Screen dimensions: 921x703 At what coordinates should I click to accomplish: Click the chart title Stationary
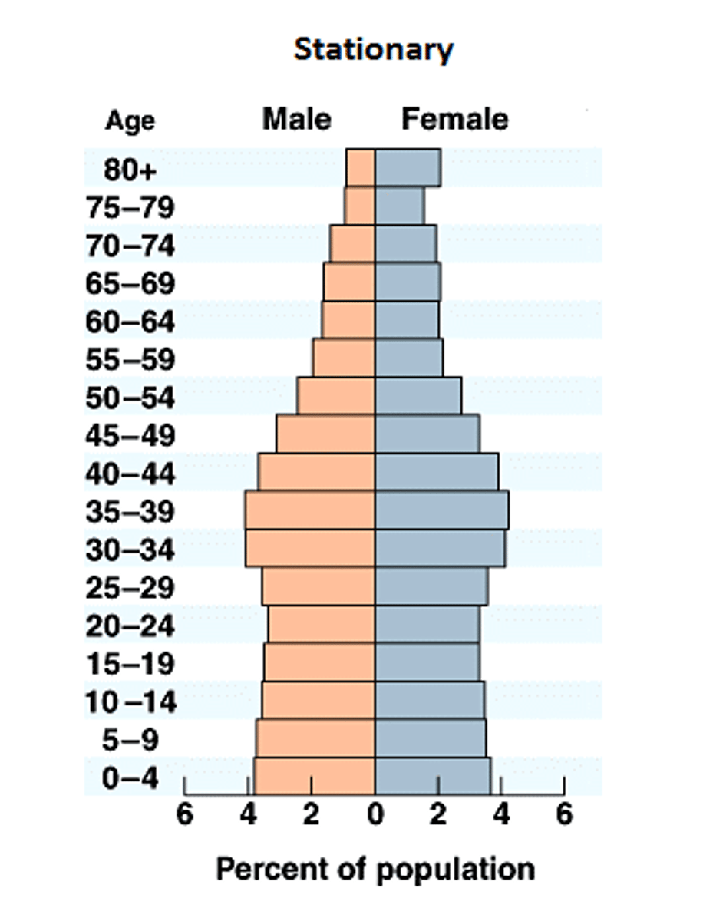coord(374,50)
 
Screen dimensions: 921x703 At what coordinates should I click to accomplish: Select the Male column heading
coord(297,120)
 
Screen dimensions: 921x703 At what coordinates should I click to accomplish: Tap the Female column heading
coord(454,120)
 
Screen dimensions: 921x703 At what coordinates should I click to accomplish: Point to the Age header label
coord(129,121)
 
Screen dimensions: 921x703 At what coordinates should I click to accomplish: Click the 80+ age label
coord(130,170)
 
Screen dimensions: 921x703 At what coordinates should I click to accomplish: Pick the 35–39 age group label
coord(130,512)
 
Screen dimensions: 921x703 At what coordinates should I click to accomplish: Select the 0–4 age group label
coord(130,778)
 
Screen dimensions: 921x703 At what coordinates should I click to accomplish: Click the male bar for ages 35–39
coord(310,510)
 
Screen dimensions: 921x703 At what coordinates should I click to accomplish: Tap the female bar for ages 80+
coord(408,168)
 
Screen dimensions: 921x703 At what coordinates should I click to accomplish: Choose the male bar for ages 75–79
coord(360,206)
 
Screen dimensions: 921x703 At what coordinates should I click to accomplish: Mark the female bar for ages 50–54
coord(418,396)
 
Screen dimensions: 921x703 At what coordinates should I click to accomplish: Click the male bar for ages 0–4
coord(315,776)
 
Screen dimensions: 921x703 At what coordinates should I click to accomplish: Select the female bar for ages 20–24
coord(427,624)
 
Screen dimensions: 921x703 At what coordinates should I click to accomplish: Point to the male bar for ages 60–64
coord(348,320)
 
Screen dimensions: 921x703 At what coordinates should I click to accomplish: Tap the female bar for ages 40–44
coord(436,472)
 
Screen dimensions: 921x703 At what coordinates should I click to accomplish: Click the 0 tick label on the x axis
coord(375,815)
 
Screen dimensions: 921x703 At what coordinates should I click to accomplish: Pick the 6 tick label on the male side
coord(184,815)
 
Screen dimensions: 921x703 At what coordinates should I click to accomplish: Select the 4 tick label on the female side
coord(501,815)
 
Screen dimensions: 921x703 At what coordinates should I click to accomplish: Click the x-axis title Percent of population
coord(375,870)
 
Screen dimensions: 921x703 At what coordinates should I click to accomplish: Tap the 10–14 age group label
coord(130,702)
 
